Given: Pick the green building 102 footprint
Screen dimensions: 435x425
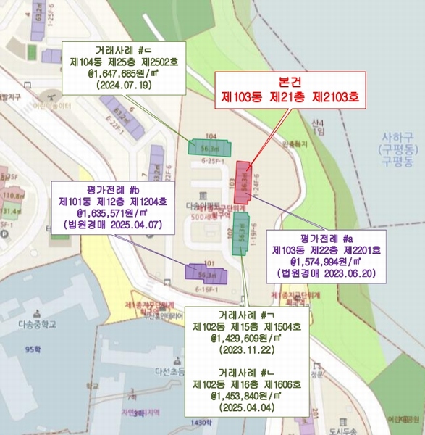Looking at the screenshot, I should pyautogui.click(x=238, y=233).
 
